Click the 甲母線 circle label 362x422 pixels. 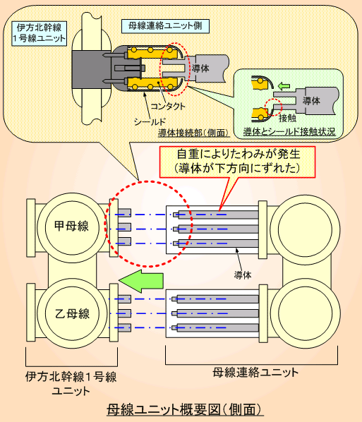coord(71,226)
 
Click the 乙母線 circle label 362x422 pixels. coord(72,313)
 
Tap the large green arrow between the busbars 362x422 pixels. coord(141,281)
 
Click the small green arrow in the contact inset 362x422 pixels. coord(284,86)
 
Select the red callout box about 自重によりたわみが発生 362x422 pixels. coord(237,162)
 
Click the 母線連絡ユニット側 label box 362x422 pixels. coord(165,26)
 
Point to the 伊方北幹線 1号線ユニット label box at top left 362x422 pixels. coord(40,33)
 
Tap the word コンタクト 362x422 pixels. coord(168,107)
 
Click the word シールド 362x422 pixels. coord(150,122)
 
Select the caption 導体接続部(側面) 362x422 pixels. coord(194,133)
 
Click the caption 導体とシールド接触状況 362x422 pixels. coord(289,131)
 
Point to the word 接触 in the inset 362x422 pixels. coord(287,118)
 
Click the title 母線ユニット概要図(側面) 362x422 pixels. coord(184,410)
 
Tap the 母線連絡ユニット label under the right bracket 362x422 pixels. coord(255,373)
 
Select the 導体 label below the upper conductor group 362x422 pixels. coord(243,275)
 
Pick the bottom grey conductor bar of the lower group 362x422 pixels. coord(215,328)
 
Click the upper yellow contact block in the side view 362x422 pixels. coord(152,53)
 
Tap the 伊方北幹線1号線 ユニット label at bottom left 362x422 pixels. coord(71,383)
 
